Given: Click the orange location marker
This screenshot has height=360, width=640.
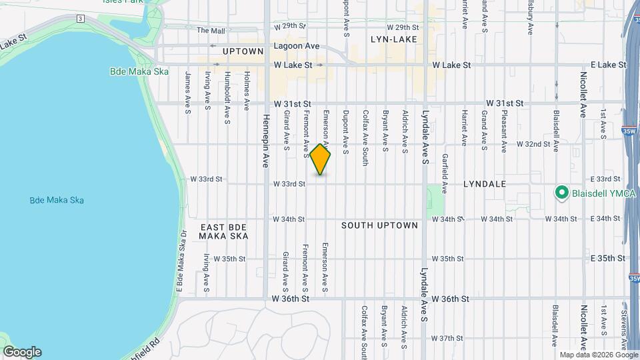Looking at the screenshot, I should [321, 160].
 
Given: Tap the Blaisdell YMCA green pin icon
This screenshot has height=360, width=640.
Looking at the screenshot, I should [561, 194].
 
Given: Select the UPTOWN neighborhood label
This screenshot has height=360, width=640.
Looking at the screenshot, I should [243, 51].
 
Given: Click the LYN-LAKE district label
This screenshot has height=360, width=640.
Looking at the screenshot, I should [394, 39].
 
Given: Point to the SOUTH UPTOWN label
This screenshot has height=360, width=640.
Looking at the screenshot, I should [379, 225].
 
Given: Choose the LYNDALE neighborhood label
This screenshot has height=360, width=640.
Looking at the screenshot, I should [485, 183].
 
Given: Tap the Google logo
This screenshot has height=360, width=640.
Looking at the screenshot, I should [21, 352].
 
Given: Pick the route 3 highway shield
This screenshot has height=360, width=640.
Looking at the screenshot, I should [80, 18].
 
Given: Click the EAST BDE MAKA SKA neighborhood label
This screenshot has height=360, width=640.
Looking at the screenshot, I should [224, 231].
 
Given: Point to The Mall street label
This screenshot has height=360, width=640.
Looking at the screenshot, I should [211, 30].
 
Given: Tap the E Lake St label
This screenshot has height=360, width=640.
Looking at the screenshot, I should [603, 65].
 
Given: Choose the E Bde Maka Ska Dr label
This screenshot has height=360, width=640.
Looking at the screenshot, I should [179, 260].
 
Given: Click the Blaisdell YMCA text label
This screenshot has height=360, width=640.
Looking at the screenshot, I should [598, 195].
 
